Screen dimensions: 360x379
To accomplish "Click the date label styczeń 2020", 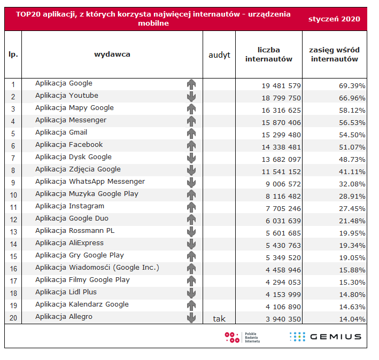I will coord(334,19).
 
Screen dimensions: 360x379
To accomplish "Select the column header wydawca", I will coord(112,54).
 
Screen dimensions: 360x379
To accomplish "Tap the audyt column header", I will coord(219,54).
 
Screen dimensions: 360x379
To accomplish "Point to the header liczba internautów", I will coord(269,54).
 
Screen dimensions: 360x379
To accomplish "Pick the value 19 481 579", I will coord(281,85).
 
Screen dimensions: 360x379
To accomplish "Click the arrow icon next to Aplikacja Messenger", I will coord(191,121).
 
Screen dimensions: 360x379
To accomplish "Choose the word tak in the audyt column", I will coord(219,319).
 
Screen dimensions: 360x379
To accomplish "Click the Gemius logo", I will coord(326,336).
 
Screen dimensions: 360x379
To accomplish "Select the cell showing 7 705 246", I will coord(281,208).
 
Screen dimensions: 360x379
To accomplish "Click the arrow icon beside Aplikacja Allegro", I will coord(191,318).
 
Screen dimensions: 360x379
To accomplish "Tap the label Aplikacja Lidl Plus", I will coord(66,292).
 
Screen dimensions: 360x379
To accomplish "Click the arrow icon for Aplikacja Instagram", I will coord(191,207).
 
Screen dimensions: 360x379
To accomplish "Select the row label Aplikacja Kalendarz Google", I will coord(82,304).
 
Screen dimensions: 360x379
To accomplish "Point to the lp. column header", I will coord(13,54).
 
